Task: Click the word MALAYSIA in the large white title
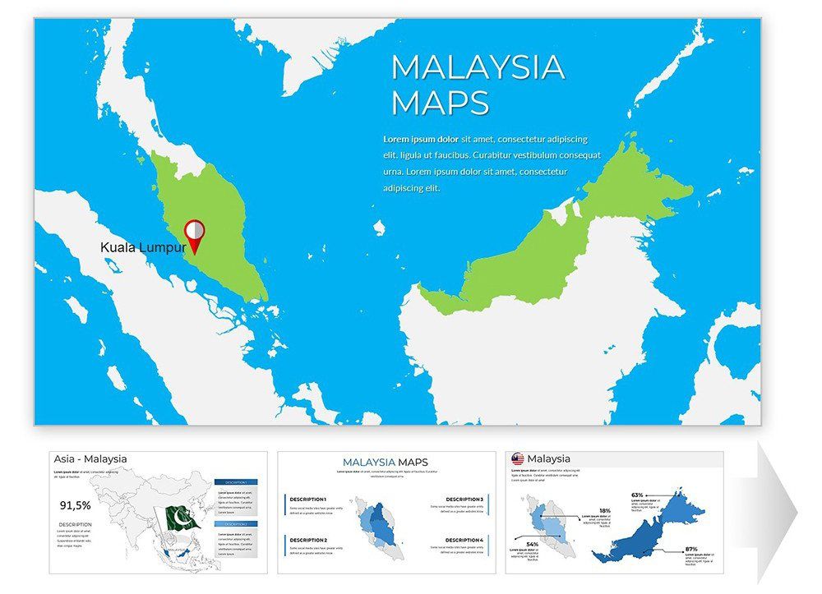478,67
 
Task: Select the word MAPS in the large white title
440,104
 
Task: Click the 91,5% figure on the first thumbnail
75,505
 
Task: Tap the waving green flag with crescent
183,518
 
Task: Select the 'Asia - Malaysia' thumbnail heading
90,459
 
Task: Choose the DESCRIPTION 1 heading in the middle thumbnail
308,500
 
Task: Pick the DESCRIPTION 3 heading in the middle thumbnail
464,500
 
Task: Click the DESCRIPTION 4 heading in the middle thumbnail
464,540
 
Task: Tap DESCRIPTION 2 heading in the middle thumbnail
308,540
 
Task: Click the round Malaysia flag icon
518,459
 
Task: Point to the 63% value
637,495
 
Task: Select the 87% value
690,549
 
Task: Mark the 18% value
604,510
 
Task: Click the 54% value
533,545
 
